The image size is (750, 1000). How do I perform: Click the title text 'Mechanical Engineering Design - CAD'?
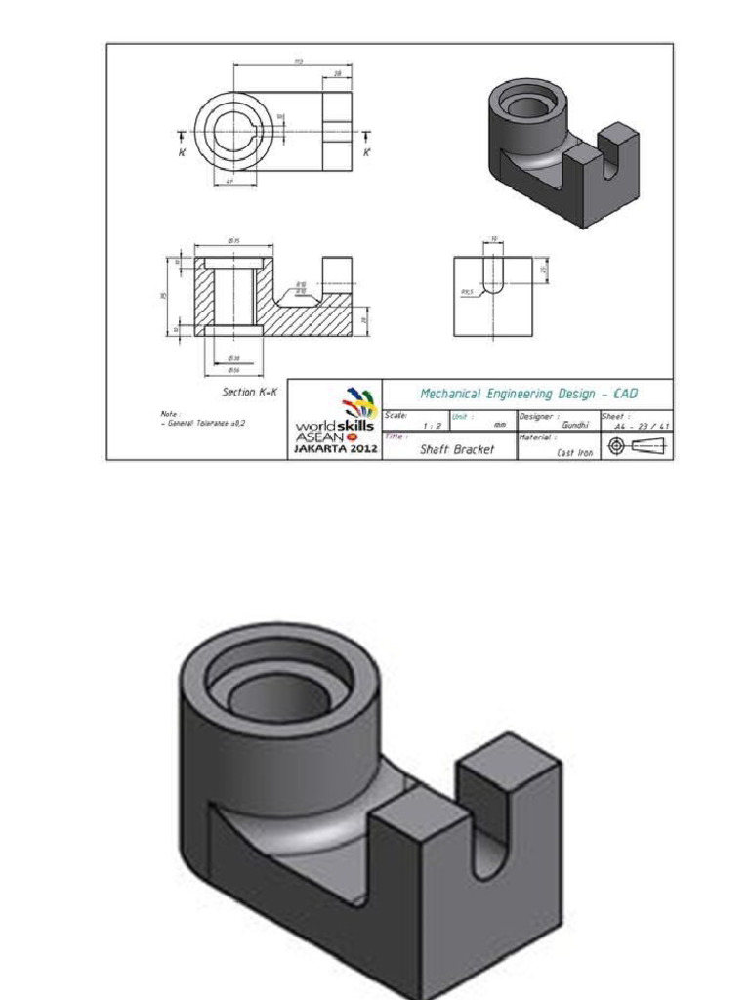(x=527, y=394)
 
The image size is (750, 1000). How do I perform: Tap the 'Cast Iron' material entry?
(x=574, y=453)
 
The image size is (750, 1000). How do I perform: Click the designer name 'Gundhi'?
(x=572, y=426)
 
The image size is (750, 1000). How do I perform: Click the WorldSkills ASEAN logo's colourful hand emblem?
(x=357, y=403)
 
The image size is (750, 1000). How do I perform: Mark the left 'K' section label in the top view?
(x=182, y=152)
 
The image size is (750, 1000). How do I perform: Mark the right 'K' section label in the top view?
(x=367, y=152)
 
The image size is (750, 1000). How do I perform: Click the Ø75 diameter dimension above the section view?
(x=233, y=241)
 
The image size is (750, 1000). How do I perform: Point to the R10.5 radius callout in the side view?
(x=467, y=290)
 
